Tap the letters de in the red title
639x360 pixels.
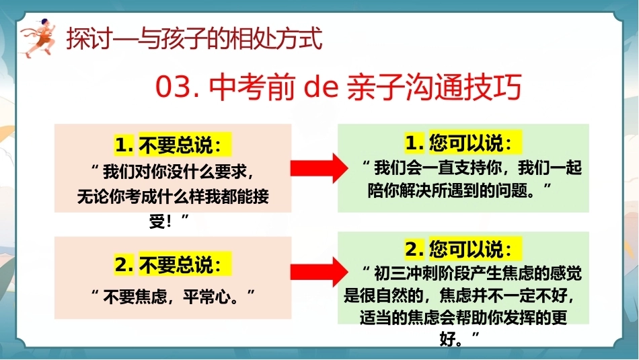coord(322,87)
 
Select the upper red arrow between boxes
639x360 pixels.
coord(319,168)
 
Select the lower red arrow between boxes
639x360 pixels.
coord(319,272)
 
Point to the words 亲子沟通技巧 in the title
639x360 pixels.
coord(435,87)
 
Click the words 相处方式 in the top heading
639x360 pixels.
coord(276,39)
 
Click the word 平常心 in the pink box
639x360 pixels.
coord(206,296)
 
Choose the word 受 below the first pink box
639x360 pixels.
coord(157,221)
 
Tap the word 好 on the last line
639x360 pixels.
coord(447,338)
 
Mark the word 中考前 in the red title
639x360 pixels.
coord(251,87)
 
